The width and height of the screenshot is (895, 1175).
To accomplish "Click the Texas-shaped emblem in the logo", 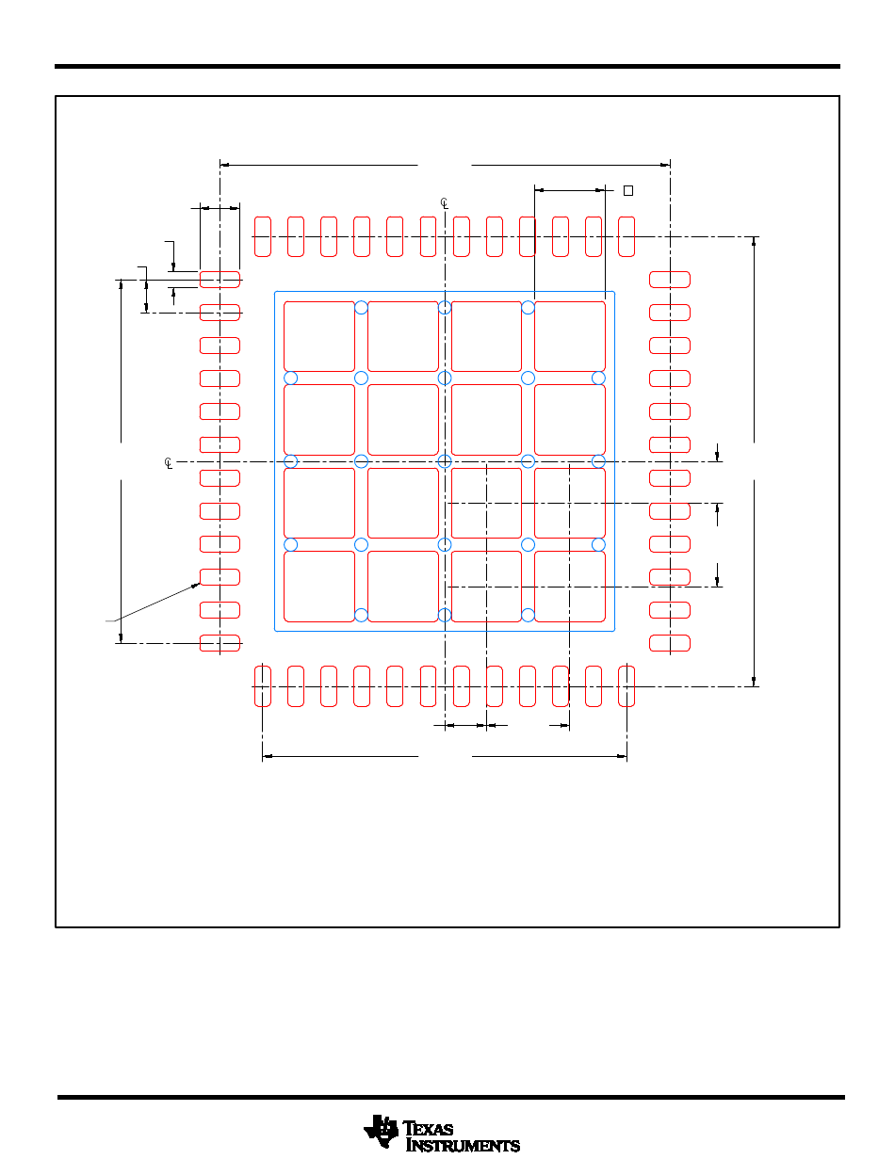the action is (x=381, y=1131).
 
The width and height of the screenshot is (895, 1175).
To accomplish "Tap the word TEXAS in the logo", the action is (x=428, y=1129).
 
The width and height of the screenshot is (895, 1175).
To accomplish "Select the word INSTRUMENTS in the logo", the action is (x=463, y=1145).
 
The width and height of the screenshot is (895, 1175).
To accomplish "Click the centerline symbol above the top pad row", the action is (x=444, y=202).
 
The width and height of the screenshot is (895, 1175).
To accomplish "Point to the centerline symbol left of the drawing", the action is (x=169, y=463).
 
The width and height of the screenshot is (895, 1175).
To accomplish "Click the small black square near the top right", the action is (x=628, y=190).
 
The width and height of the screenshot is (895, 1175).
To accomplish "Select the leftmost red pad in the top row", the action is (x=263, y=236).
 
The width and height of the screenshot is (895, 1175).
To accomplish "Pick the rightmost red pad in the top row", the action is (x=626, y=236).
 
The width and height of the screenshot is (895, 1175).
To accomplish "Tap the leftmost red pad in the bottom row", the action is (x=263, y=686).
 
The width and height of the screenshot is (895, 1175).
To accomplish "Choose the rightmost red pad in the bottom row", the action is (x=626, y=686).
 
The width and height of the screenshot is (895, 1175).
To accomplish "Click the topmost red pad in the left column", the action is (x=220, y=280).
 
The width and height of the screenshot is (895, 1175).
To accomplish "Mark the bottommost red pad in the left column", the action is (x=220, y=643).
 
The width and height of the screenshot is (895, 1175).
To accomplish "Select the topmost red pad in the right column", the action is (x=670, y=280).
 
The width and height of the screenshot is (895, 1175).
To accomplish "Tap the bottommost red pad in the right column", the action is (x=670, y=643).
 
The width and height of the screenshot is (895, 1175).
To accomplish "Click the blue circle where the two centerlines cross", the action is (x=445, y=461).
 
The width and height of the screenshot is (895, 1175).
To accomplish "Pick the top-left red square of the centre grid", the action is (x=319, y=336).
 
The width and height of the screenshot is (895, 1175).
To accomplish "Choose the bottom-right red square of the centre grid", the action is (x=570, y=587).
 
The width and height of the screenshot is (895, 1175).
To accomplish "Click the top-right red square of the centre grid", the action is (x=570, y=336).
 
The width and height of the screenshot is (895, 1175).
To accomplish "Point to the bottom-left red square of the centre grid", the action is (x=319, y=587).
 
